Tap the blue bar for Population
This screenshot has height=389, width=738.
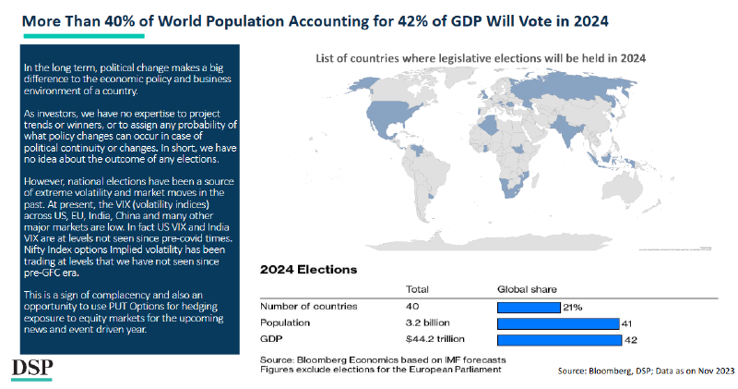pos(557,323)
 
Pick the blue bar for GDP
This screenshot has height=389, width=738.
pos(558,340)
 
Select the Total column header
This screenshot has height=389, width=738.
pos(419,289)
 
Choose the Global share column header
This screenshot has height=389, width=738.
pos(527,289)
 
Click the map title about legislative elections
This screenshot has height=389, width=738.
pos(481,57)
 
